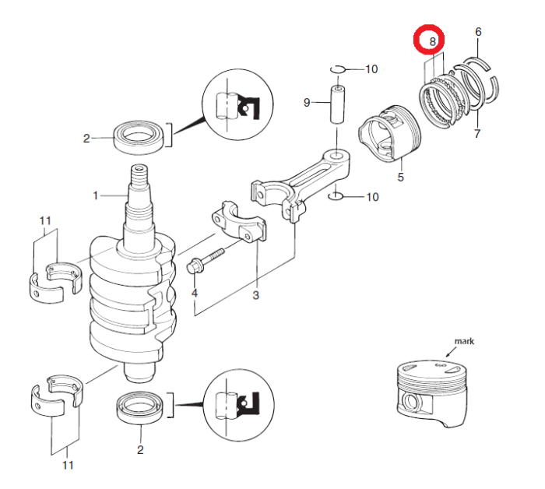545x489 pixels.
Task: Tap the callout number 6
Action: pyautogui.click(x=477, y=32)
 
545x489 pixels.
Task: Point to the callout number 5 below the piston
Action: pyautogui.click(x=401, y=178)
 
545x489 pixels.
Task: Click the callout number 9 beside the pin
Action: pyautogui.click(x=307, y=102)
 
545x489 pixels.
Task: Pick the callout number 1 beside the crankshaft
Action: pyautogui.click(x=97, y=196)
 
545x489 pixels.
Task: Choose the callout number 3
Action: pyautogui.click(x=255, y=295)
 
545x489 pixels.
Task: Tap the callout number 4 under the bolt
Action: pyautogui.click(x=194, y=294)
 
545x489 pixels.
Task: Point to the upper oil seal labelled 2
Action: pyautogui.click(x=140, y=138)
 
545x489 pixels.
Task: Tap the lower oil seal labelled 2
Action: pyautogui.click(x=140, y=407)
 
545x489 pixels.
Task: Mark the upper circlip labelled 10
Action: pyautogui.click(x=337, y=70)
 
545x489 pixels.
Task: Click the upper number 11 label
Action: pyautogui.click(x=45, y=221)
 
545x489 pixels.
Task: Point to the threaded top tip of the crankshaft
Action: pyautogui.click(x=139, y=172)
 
